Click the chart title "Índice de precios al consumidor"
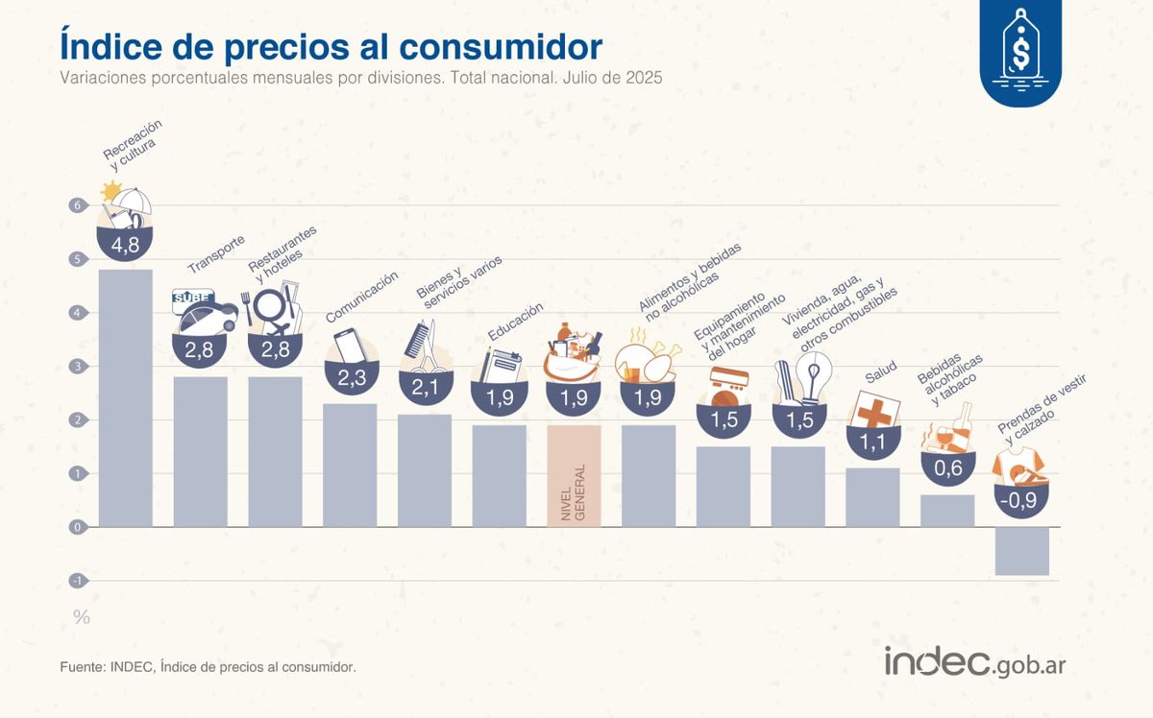pyautogui.click(x=331, y=45)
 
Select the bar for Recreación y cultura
pyautogui.click(x=126, y=397)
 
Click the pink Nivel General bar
pyautogui.click(x=574, y=475)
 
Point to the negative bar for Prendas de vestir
pyautogui.click(x=1021, y=551)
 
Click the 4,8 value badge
pyautogui.click(x=126, y=246)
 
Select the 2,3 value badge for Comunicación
pyautogui.click(x=351, y=378)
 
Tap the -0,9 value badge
pyautogui.click(x=1021, y=499)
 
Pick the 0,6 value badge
pyautogui.click(x=947, y=468)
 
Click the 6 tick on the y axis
pyautogui.click(x=77, y=205)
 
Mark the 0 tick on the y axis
pyautogui.click(x=77, y=527)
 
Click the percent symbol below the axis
pyautogui.click(x=82, y=617)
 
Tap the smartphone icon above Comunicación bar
pyautogui.click(x=348, y=347)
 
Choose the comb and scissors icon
pyautogui.click(x=425, y=347)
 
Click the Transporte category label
pyautogui.click(x=215, y=253)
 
